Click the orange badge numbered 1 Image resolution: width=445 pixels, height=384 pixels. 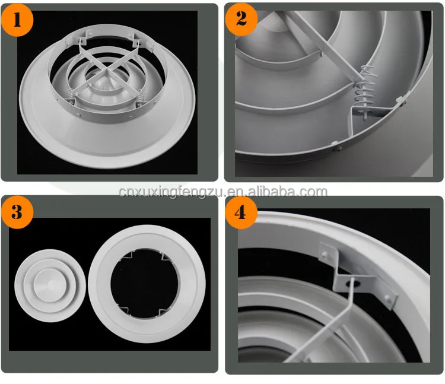(17, 20)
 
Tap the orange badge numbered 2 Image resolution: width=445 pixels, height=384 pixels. (241, 20)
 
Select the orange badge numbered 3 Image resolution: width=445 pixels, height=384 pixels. (17, 212)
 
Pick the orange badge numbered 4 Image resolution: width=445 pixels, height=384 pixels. (241, 212)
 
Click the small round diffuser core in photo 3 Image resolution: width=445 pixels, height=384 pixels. (50, 285)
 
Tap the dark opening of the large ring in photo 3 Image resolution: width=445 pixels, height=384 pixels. (145, 284)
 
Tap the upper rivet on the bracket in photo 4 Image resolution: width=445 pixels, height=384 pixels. (325, 253)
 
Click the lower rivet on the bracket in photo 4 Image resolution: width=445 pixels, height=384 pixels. (389, 298)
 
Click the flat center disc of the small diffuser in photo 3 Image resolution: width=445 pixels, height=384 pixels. (50, 285)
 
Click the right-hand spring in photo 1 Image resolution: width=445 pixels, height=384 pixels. (140, 97)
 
